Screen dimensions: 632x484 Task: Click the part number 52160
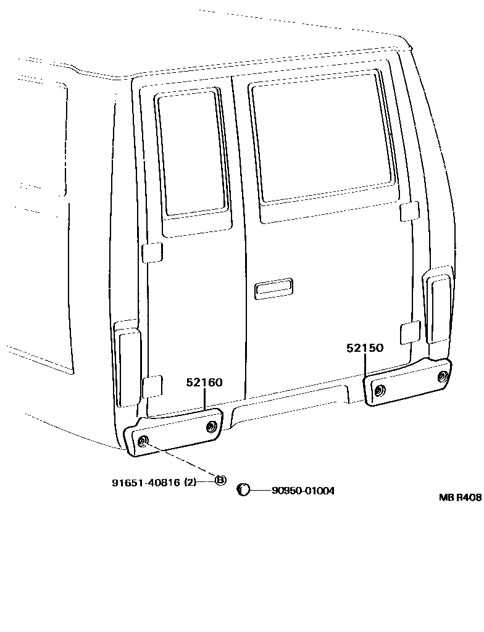coord(204,383)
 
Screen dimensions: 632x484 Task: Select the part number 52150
coord(365,348)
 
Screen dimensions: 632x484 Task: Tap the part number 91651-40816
coord(146,483)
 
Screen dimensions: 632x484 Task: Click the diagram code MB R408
coord(460,497)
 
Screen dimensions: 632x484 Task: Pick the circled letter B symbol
coord(220,480)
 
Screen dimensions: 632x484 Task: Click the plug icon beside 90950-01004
coord(244,490)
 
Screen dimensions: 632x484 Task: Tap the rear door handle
coord(273,288)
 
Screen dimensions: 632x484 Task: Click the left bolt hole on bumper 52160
coord(143,440)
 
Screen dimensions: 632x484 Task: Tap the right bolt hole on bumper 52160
coord(211,426)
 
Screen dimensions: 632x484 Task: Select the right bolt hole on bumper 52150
coord(441,377)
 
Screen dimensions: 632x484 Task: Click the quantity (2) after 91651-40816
coord(190,483)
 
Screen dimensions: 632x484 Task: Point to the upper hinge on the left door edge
coord(152,252)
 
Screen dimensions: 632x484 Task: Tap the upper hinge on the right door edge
coord(409,211)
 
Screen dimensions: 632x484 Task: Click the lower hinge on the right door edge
coord(410,332)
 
